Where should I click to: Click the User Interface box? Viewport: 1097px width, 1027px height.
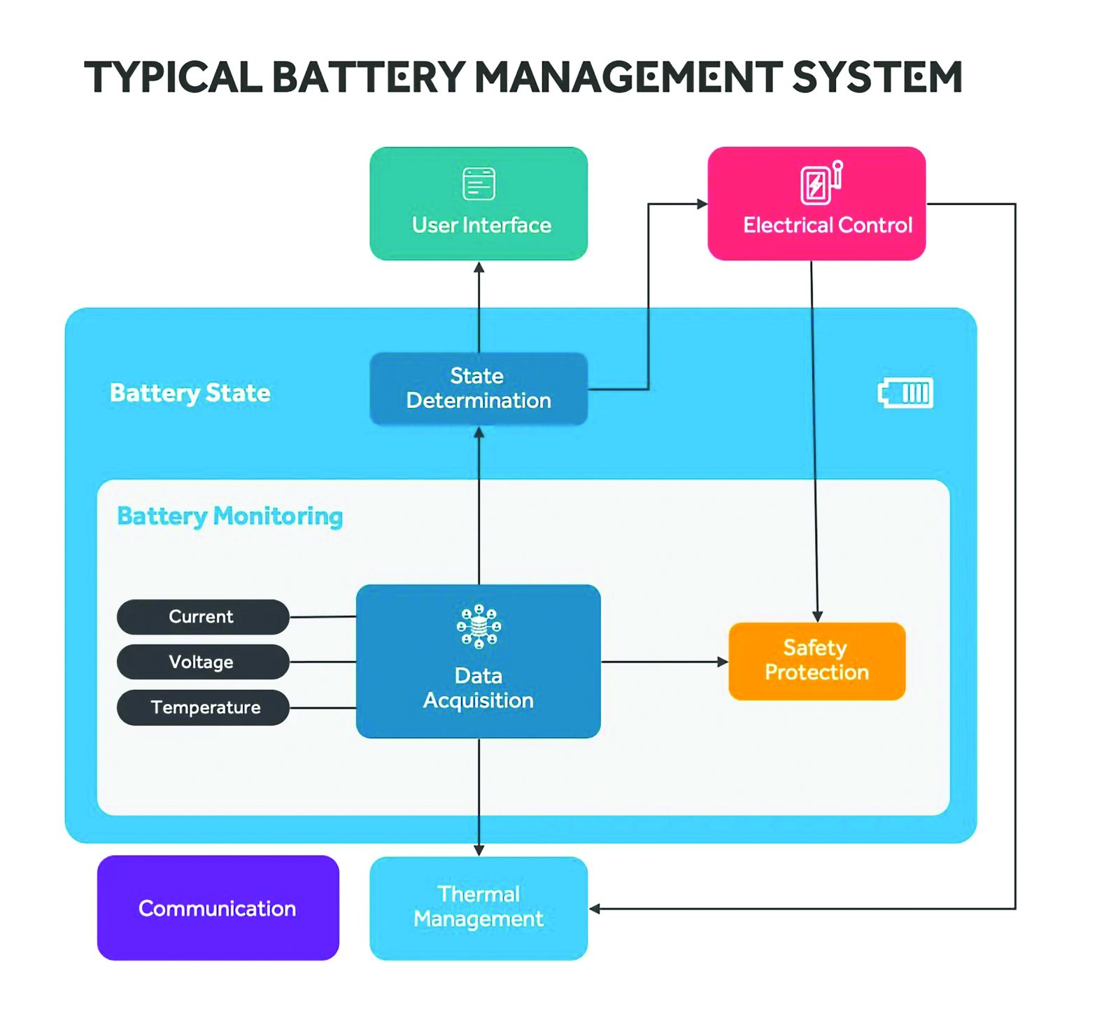click(479, 204)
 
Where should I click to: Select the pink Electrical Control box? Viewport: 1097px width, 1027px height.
click(816, 204)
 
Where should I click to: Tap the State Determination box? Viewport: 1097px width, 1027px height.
click(479, 388)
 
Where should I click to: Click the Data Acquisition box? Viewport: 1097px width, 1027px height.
click(479, 661)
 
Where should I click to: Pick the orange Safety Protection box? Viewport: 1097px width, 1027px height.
click(816, 660)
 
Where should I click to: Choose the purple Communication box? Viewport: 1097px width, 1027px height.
click(218, 907)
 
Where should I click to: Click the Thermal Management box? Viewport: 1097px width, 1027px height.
click(479, 907)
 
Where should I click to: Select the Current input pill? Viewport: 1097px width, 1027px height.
click(203, 616)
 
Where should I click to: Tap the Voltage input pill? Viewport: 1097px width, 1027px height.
click(203, 662)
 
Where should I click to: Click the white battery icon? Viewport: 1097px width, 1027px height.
click(905, 392)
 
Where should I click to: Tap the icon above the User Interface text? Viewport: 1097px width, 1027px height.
click(479, 184)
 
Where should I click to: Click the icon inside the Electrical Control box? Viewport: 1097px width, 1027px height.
click(821, 183)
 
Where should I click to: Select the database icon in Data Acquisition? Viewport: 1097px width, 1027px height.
click(479, 626)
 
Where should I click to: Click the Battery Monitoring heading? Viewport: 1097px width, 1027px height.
click(229, 516)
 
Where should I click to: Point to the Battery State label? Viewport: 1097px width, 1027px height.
click(190, 393)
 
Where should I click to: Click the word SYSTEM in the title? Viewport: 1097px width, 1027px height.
click(877, 77)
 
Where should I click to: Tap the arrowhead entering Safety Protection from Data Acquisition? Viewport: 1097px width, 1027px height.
click(723, 661)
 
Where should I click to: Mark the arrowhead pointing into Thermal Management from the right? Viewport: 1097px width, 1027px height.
click(595, 909)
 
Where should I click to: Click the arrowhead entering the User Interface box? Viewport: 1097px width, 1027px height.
click(479, 267)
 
